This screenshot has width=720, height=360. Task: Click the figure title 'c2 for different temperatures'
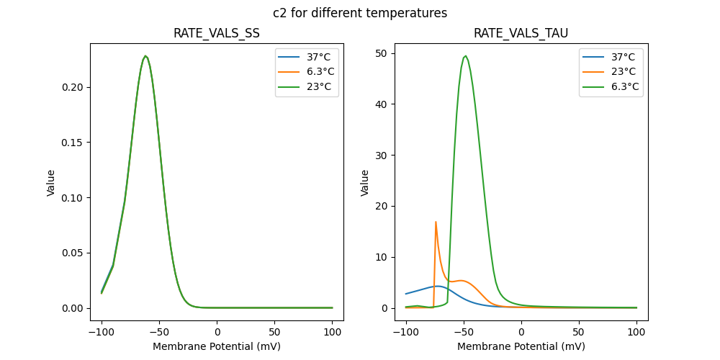[360, 13]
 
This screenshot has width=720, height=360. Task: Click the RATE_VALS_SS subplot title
[217, 34]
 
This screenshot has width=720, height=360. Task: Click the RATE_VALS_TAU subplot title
[521, 34]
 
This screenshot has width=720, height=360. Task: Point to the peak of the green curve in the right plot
[466, 55]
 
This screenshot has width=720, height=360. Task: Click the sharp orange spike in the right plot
[436, 222]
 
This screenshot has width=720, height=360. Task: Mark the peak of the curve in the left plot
[145, 55]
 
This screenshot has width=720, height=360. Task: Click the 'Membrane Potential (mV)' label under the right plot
[521, 346]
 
